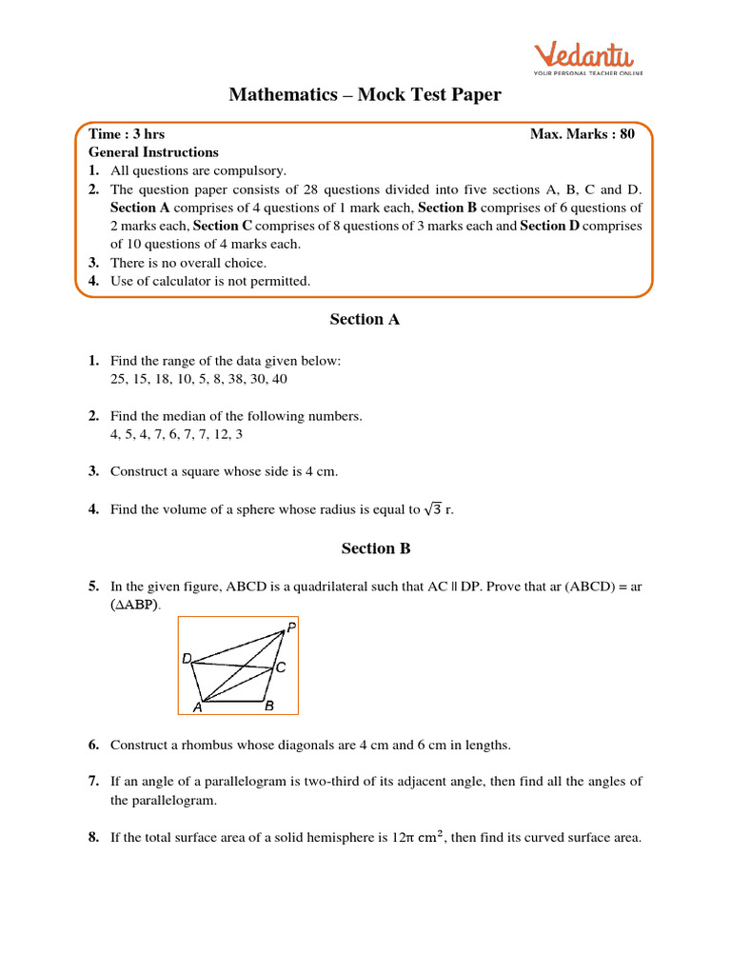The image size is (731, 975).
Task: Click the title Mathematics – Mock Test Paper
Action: (365, 94)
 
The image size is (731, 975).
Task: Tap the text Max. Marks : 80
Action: (582, 134)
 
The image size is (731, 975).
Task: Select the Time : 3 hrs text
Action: (127, 134)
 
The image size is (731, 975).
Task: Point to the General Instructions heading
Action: (153, 152)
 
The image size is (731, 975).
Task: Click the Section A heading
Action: (365, 320)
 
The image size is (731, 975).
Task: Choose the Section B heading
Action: (365, 548)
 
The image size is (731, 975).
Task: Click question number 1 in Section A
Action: (93, 361)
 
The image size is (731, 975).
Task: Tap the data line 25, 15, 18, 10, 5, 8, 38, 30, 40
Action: (198, 379)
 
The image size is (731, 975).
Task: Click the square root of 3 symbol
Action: (433, 509)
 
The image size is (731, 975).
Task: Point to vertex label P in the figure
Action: (290, 628)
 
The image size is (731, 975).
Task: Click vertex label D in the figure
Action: (187, 659)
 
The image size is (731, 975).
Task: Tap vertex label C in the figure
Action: (281, 668)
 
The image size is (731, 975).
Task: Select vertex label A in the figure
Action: (198, 707)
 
